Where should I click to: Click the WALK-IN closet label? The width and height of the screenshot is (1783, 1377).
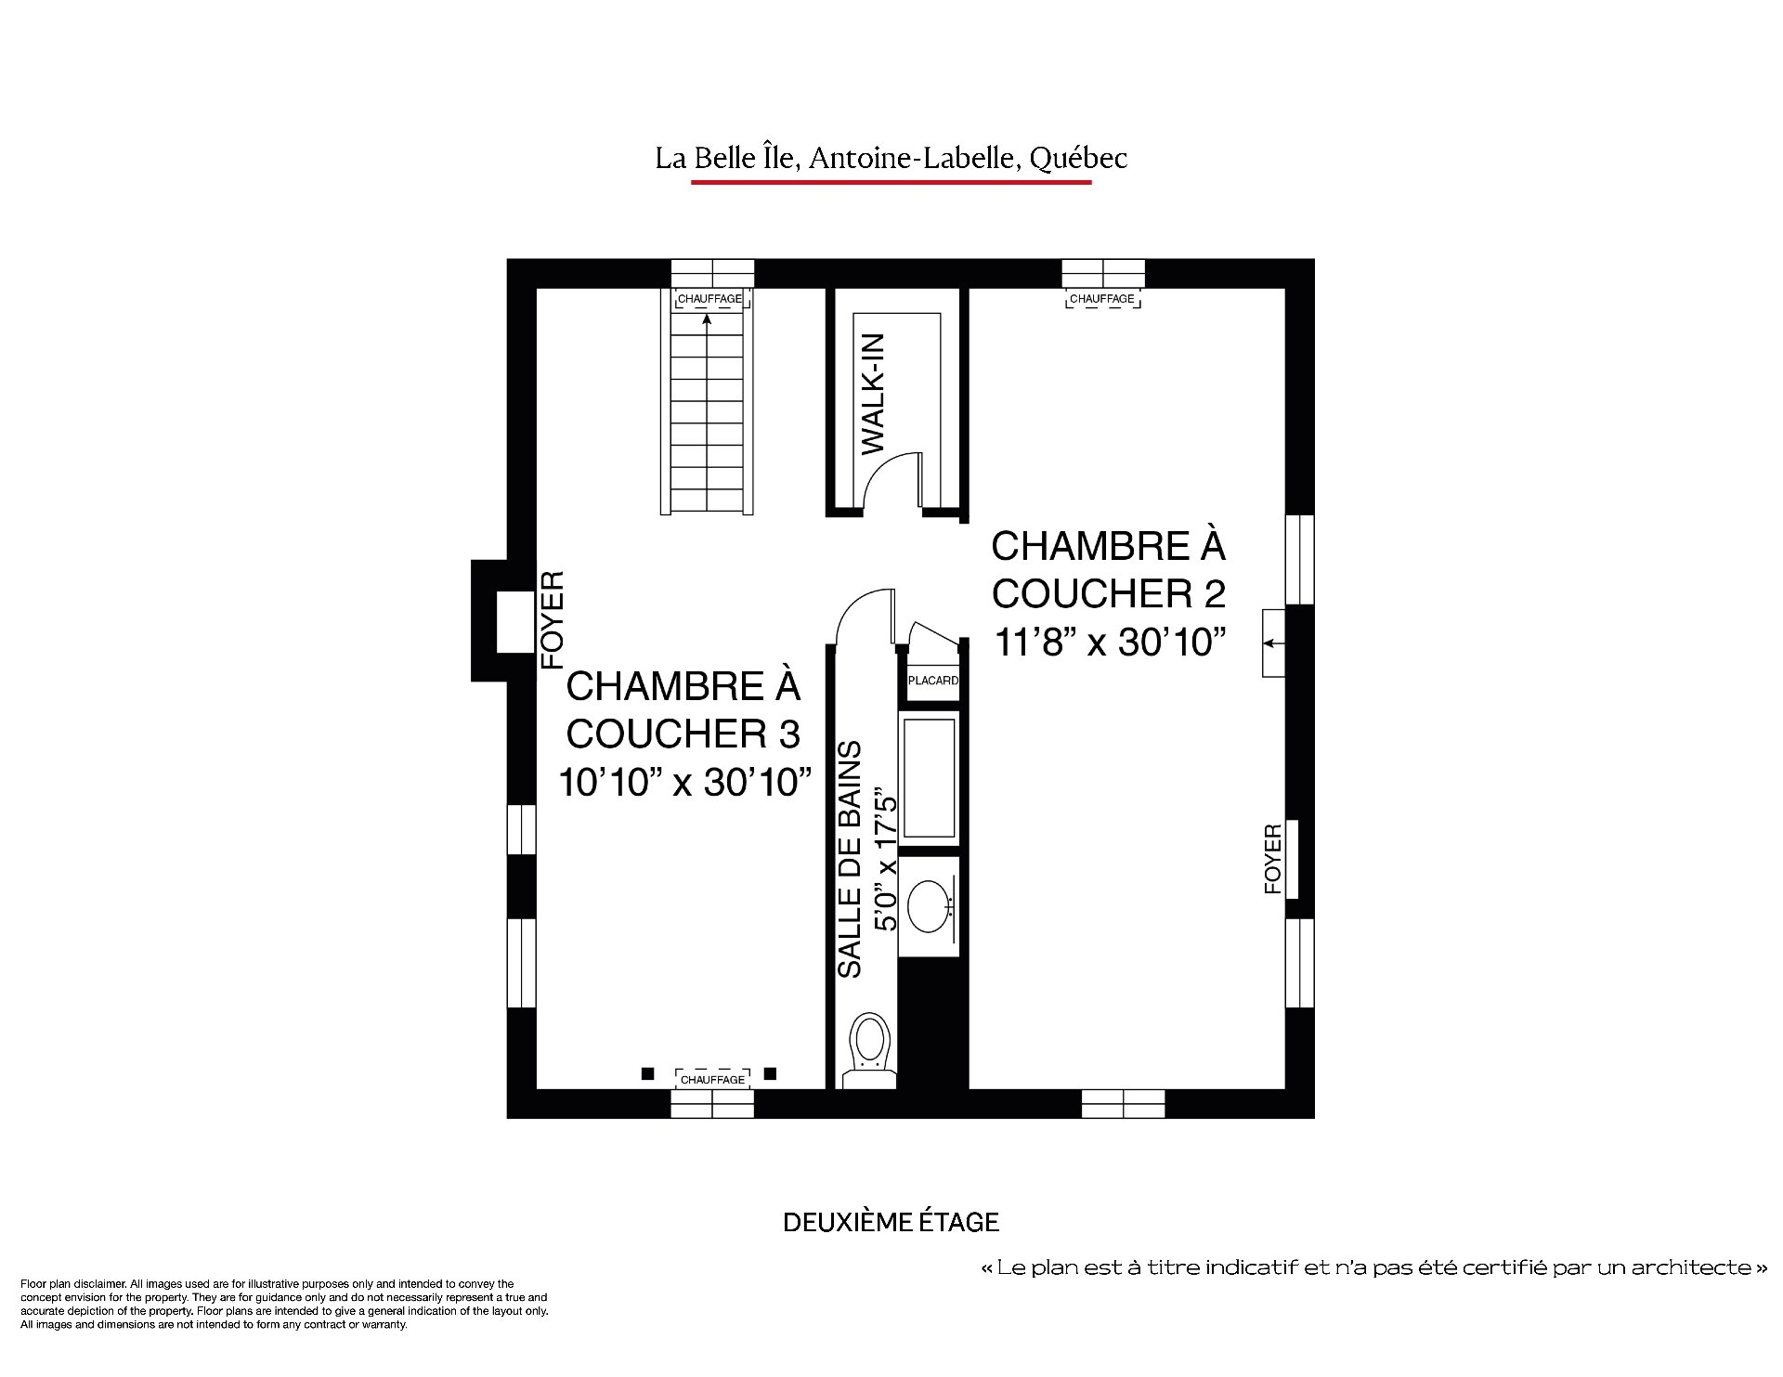coord(874,394)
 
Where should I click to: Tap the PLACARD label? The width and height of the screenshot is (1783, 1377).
coord(932,681)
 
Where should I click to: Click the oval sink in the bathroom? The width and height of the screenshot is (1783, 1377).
coord(928,906)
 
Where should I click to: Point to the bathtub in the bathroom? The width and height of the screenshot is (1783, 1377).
coord(928,777)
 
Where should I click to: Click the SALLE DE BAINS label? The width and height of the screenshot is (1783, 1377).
coord(850,859)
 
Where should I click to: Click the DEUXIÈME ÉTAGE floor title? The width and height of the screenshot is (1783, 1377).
coord(891,1222)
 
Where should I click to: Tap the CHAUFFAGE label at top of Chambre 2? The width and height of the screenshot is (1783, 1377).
coord(1102,299)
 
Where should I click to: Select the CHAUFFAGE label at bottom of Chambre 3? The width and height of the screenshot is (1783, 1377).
coord(712,1080)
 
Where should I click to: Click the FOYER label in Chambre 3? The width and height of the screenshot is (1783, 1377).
coord(553,619)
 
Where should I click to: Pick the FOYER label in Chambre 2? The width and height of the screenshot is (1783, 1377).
coord(1272,859)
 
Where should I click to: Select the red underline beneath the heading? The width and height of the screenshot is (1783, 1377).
coord(891,183)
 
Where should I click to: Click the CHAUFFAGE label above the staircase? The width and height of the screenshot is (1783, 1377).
coord(710,299)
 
